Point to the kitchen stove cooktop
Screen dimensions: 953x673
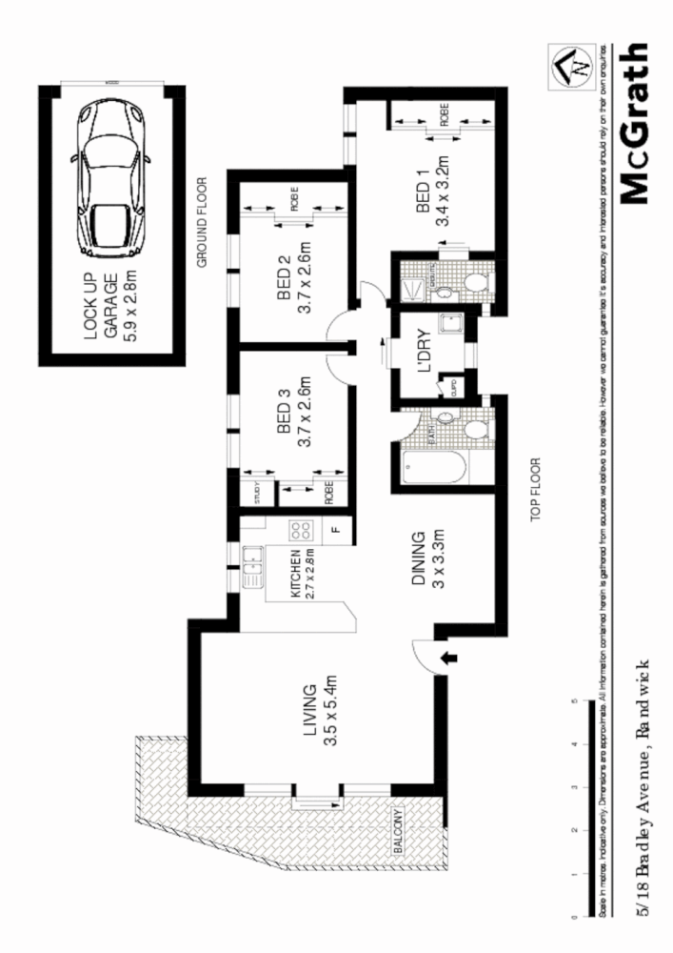click(302, 530)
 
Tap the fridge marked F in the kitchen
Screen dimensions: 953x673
click(335, 530)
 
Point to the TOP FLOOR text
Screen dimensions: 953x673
click(535, 492)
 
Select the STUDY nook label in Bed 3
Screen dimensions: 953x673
click(257, 494)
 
